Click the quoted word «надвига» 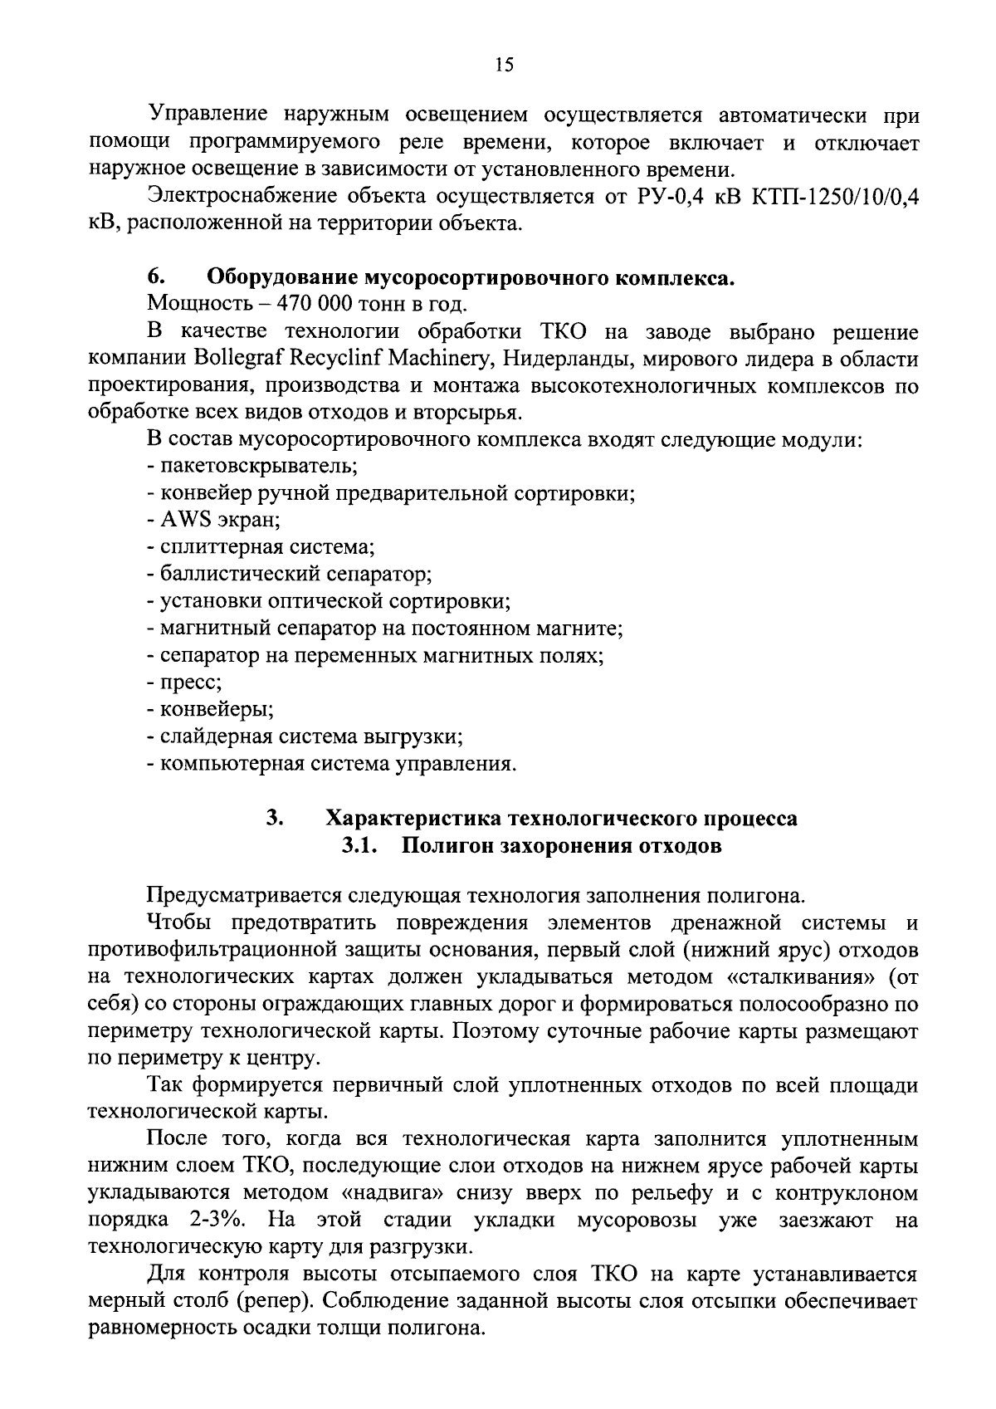403,1194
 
